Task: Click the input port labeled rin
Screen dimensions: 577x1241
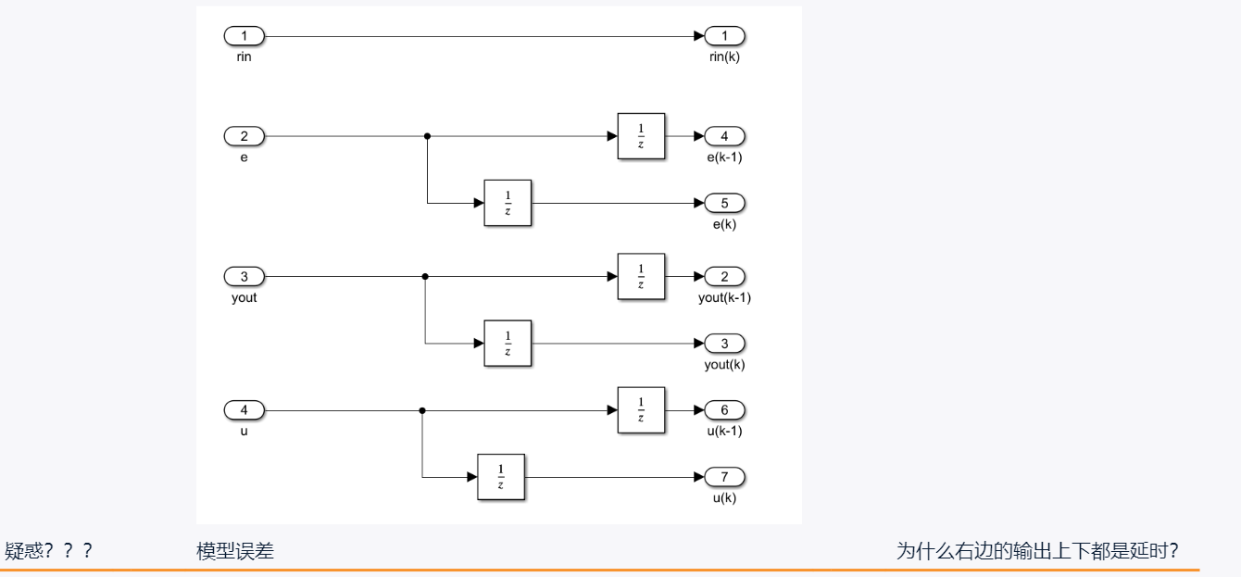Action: click(x=244, y=36)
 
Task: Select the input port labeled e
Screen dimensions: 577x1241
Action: click(x=244, y=136)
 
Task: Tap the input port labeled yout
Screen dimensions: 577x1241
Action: click(x=244, y=276)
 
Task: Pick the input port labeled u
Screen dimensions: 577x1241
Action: click(x=244, y=409)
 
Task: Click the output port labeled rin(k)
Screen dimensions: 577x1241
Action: click(x=725, y=36)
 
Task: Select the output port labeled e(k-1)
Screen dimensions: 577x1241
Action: click(x=725, y=136)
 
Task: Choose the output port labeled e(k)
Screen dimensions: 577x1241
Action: click(x=725, y=203)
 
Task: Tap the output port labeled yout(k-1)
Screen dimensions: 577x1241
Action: click(x=725, y=276)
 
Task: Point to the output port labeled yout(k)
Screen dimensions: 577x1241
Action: click(x=725, y=344)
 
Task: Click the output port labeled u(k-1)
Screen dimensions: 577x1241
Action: click(x=725, y=409)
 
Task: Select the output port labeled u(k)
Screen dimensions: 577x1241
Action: click(x=725, y=477)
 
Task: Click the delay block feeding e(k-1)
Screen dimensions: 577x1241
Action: click(x=641, y=136)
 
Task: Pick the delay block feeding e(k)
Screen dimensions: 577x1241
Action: click(x=508, y=203)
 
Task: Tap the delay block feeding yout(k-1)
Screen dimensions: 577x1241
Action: click(x=641, y=276)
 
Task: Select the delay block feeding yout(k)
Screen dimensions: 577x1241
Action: click(x=508, y=344)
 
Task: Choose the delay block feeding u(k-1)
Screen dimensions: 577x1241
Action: click(x=641, y=409)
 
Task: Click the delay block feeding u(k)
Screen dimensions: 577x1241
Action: click(x=500, y=477)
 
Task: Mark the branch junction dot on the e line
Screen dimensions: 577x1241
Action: click(x=427, y=136)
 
